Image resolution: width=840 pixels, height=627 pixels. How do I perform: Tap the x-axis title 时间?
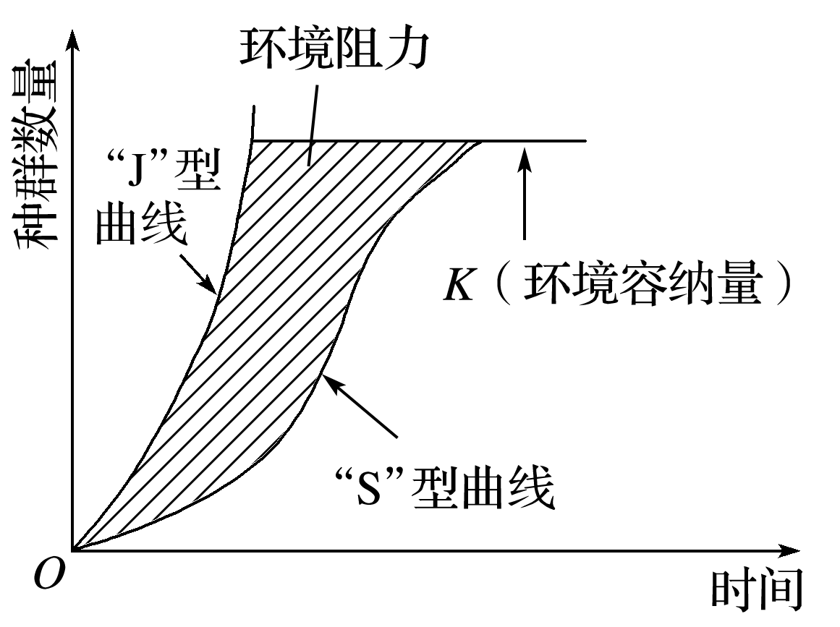[x=757, y=591]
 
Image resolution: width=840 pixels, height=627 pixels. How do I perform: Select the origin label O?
[x=49, y=575]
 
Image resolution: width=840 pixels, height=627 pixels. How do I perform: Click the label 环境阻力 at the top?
[x=334, y=48]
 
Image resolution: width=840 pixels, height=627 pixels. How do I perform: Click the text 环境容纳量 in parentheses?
[x=643, y=283]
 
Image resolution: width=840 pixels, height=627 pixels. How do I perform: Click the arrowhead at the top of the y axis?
[x=73, y=40]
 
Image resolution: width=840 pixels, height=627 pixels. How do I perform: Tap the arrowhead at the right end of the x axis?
[x=789, y=550]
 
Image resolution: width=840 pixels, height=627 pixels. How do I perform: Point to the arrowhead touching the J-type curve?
[x=210, y=286]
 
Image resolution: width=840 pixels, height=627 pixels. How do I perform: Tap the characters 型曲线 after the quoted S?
[x=482, y=488]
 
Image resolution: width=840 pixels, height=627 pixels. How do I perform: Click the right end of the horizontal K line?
[x=586, y=141]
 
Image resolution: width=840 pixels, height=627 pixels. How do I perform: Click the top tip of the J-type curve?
[x=254, y=106]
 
